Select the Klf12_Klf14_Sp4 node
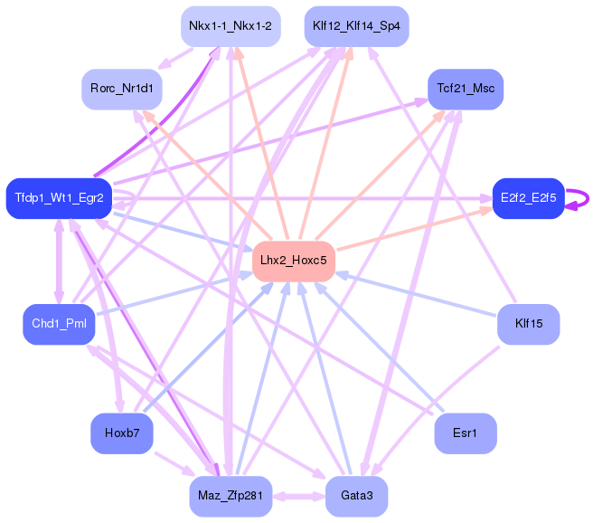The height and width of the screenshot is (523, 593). click(x=356, y=26)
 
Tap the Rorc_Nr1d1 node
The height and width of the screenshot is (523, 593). click(x=122, y=89)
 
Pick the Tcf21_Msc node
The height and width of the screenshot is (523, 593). click(x=465, y=89)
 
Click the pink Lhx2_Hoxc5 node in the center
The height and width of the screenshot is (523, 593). click(x=294, y=261)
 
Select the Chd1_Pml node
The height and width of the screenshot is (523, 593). click(x=59, y=324)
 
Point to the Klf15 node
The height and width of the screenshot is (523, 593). click(x=528, y=324)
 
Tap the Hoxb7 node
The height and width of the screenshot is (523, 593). click(x=122, y=433)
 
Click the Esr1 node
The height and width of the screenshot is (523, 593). click(x=465, y=433)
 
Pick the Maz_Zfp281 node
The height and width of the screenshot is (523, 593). click(x=230, y=496)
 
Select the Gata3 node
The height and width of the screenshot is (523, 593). click(x=356, y=496)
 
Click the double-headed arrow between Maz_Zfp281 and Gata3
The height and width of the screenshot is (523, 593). click(x=298, y=496)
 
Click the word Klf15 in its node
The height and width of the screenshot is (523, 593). click(x=528, y=324)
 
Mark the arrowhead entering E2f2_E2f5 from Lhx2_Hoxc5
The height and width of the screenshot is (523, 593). click(x=486, y=210)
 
